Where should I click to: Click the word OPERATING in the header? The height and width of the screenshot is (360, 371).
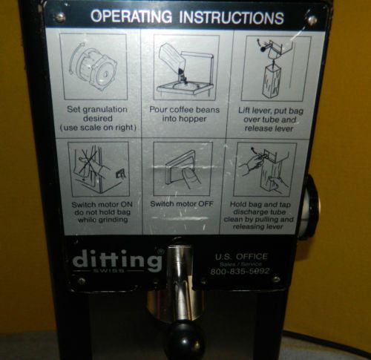click(x=131, y=16)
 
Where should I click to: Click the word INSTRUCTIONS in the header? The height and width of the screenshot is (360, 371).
click(x=232, y=17)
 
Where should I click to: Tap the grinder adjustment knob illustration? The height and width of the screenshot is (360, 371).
click(x=93, y=67)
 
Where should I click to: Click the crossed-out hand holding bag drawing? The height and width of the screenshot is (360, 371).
click(x=99, y=169)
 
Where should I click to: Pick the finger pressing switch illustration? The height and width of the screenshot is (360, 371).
click(x=183, y=169)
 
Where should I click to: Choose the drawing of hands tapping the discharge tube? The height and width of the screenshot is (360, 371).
click(x=265, y=169)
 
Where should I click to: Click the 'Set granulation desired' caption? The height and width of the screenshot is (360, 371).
click(x=98, y=119)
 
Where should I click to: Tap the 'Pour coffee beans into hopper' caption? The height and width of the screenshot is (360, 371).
click(x=185, y=114)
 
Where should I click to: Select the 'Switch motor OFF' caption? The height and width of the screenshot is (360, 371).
click(x=182, y=204)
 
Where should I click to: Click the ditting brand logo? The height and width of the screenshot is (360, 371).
click(x=118, y=261)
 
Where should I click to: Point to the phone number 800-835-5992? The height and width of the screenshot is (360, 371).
click(x=240, y=271)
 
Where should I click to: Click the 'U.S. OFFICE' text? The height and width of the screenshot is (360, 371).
click(x=241, y=256)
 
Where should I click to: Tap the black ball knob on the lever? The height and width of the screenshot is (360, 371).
click(x=186, y=340)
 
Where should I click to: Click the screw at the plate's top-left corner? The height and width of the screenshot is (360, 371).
click(x=60, y=17)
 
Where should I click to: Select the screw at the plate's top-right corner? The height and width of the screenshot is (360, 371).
click(x=312, y=19)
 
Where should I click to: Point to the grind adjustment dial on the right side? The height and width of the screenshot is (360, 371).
click(x=311, y=206)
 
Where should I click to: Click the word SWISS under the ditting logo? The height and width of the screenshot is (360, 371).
click(x=109, y=270)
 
